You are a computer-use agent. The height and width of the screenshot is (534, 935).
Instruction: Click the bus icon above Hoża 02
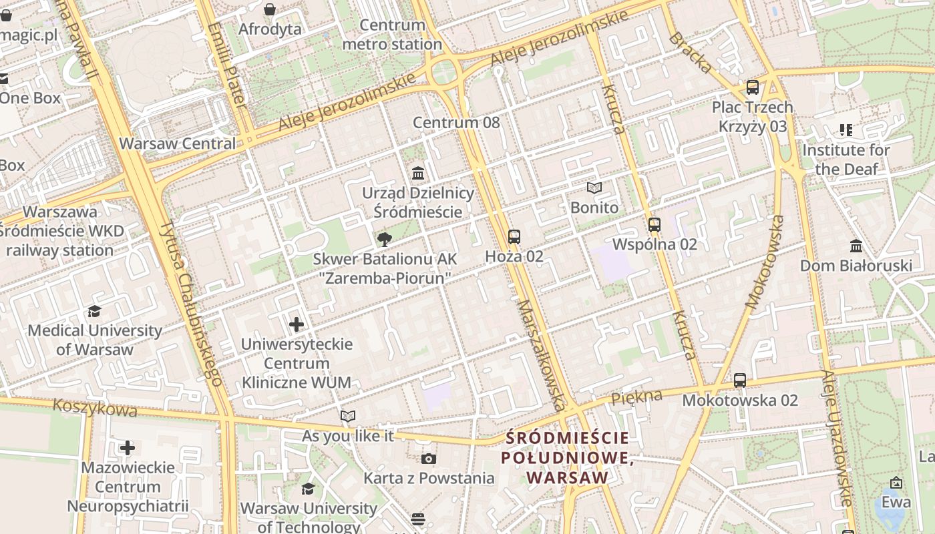[514, 236]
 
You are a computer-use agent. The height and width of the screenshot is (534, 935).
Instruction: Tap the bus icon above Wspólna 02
[654, 225]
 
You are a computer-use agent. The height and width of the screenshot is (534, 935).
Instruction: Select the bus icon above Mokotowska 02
[740, 380]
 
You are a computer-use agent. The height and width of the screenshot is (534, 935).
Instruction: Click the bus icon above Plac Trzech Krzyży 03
[753, 87]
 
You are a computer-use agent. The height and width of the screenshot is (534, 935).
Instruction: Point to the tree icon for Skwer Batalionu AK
[384, 240]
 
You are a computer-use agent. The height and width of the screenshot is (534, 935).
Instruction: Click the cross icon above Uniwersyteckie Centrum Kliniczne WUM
[297, 325]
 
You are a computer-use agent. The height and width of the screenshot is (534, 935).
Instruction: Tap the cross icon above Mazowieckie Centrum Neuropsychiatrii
[128, 448]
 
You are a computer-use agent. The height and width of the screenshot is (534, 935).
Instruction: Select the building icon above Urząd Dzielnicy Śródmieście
[418, 174]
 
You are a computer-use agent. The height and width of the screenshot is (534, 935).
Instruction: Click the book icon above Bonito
[594, 188]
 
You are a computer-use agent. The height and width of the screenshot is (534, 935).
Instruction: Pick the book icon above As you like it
[348, 417]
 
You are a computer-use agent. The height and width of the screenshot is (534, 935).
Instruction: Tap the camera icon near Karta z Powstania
[429, 459]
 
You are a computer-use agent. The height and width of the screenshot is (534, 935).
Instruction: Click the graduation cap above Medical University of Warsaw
[94, 311]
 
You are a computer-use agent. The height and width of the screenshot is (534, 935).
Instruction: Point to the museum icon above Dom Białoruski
[856, 246]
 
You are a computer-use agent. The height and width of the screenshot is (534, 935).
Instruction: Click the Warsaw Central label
[177, 144]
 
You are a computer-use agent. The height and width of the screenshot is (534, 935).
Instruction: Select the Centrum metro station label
[392, 35]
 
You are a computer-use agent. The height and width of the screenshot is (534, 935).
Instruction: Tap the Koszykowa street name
[95, 408]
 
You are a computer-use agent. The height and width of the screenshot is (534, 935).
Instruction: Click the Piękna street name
[636, 396]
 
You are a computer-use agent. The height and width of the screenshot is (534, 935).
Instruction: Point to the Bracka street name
[690, 51]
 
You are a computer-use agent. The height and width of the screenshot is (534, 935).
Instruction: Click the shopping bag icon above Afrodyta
[270, 9]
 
